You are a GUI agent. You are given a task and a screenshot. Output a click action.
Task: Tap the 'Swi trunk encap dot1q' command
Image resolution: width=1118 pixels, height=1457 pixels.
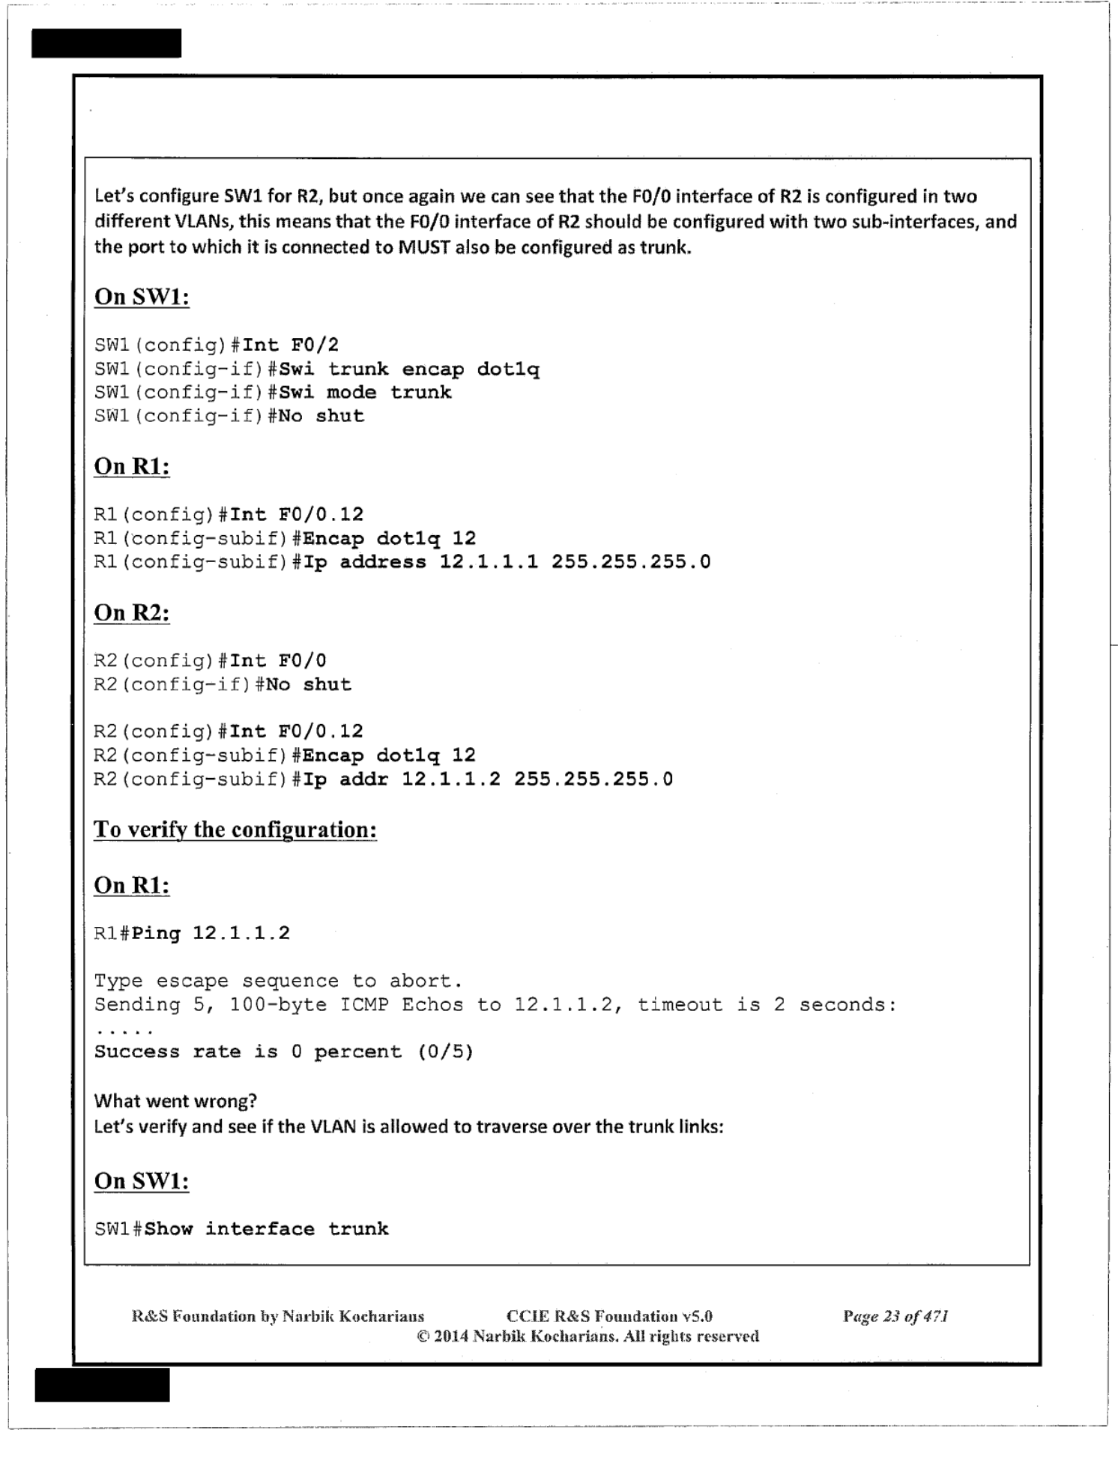click(x=409, y=369)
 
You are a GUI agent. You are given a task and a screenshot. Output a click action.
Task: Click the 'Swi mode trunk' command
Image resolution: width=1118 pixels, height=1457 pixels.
click(x=366, y=392)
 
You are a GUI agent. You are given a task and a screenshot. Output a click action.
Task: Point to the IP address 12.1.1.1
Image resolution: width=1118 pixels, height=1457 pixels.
click(x=489, y=561)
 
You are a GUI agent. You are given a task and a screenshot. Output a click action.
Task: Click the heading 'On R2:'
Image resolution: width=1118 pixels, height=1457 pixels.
click(x=132, y=612)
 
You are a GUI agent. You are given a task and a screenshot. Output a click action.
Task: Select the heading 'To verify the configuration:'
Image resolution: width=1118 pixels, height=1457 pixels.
click(x=235, y=830)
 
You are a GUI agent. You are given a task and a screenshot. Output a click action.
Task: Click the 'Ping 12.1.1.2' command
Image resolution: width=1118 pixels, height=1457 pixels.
click(x=211, y=933)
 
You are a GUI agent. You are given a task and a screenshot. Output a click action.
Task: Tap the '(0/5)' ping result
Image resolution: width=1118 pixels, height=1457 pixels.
click(x=446, y=1052)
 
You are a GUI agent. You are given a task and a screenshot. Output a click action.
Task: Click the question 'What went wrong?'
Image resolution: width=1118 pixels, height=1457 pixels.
click(x=175, y=1100)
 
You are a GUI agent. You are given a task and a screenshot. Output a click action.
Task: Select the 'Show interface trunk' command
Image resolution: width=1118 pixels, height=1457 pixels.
click(x=267, y=1228)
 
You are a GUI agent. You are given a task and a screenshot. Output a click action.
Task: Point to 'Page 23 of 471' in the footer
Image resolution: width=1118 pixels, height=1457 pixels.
click(x=895, y=1315)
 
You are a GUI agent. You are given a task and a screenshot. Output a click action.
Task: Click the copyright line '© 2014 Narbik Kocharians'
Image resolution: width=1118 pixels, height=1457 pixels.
click(x=587, y=1336)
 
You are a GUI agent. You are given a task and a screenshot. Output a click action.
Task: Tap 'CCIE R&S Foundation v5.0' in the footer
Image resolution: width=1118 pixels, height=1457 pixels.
click(x=609, y=1315)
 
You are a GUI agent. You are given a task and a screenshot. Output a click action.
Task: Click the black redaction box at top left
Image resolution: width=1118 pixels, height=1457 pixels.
click(x=106, y=43)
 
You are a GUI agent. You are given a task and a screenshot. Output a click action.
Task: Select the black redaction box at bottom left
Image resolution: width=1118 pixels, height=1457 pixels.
click(x=102, y=1384)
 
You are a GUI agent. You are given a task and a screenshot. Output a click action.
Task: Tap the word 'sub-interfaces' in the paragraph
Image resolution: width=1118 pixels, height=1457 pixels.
click(x=911, y=222)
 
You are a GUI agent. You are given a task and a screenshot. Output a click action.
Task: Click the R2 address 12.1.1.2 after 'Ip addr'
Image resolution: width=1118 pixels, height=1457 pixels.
click(x=451, y=779)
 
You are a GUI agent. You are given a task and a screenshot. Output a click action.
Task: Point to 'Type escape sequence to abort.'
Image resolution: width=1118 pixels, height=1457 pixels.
click(x=278, y=981)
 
